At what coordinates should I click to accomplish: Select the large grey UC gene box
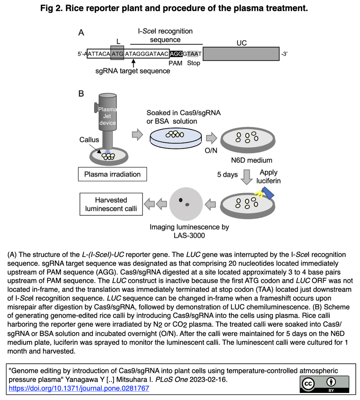(x=241, y=54)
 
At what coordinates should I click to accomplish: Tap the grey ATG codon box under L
(x=117, y=54)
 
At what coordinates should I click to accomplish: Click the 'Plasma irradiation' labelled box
(x=112, y=174)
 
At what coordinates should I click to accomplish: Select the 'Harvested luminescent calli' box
(x=111, y=204)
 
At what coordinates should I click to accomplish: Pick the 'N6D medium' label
(x=252, y=160)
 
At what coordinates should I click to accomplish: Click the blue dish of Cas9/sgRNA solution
(x=175, y=139)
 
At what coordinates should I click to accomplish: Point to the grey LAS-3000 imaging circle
(x=185, y=203)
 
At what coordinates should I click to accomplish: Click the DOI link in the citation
(x=79, y=388)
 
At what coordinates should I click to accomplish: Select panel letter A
(x=81, y=33)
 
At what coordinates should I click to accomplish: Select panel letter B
(x=81, y=94)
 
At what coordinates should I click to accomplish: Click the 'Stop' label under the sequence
(x=193, y=63)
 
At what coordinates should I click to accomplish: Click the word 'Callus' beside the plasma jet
(x=89, y=140)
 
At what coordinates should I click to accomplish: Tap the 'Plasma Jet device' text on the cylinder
(x=107, y=116)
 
